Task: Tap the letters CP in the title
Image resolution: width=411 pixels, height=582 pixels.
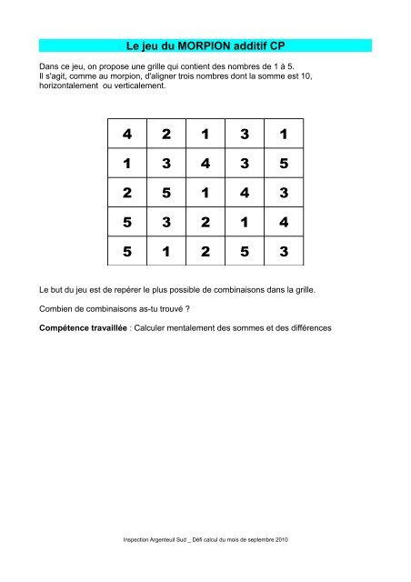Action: (x=285, y=45)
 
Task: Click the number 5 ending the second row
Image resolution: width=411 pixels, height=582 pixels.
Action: (x=284, y=165)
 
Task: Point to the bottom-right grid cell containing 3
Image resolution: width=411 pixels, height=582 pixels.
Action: (x=284, y=251)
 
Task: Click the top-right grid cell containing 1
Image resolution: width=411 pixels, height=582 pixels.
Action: (x=284, y=135)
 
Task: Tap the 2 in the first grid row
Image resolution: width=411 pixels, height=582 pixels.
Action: (x=165, y=135)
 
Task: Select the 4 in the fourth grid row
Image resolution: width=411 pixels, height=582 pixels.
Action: (x=284, y=222)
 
